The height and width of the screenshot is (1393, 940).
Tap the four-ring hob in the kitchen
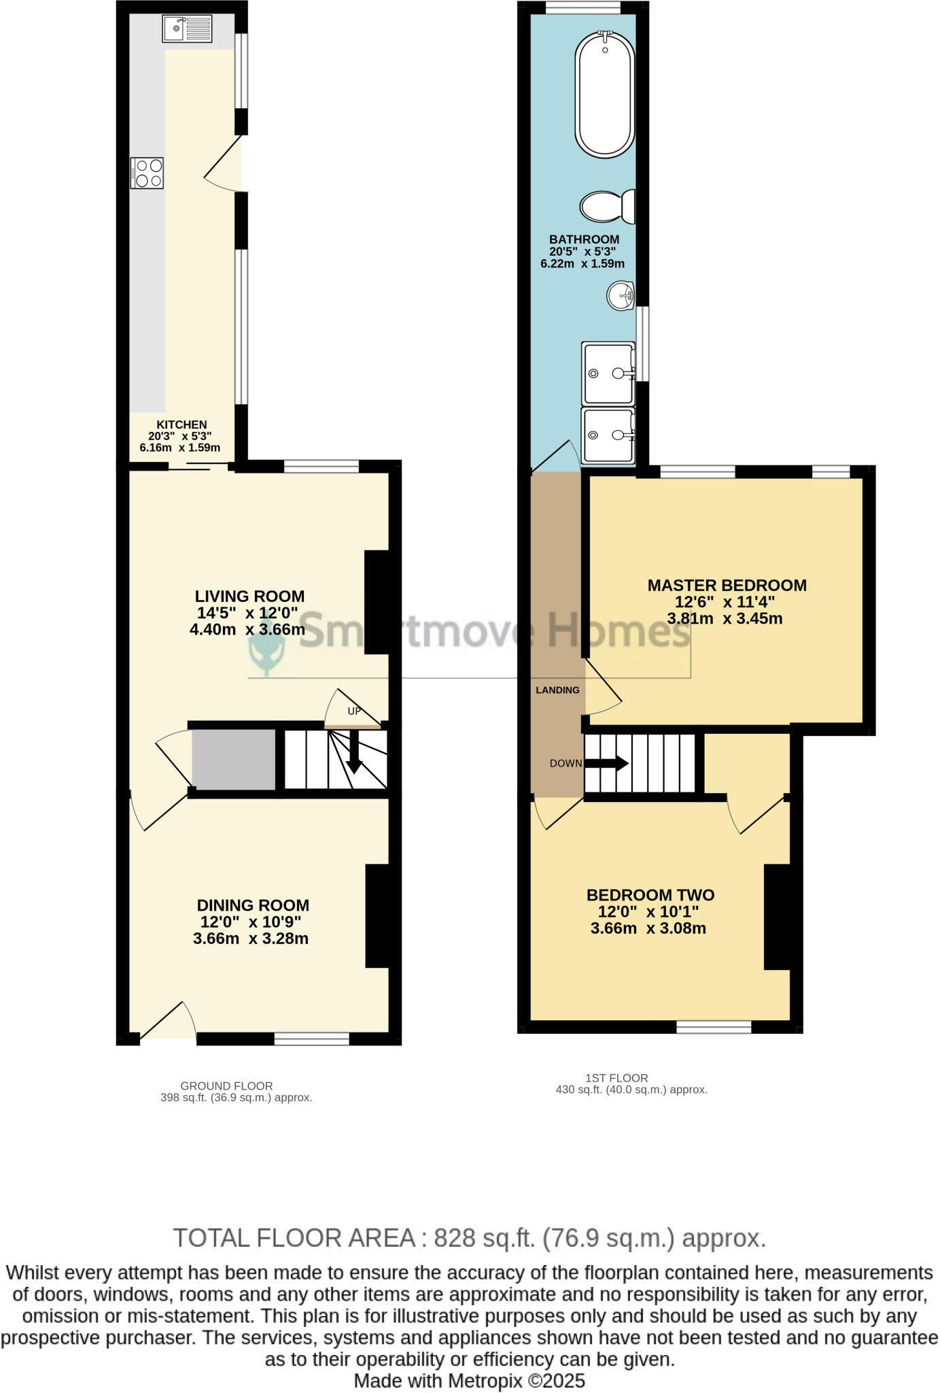coord(147,173)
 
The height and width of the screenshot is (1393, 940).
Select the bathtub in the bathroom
coord(604,94)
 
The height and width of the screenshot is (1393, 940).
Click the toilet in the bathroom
coord(606,206)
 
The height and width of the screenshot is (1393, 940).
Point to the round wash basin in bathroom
coord(621,296)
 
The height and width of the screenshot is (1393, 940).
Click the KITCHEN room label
coord(181,424)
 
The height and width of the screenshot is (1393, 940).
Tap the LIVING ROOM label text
coord(249,597)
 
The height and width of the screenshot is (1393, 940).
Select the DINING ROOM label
coord(253,905)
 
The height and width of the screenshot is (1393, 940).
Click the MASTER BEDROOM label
coord(727,586)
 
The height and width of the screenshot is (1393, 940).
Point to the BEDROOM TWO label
coord(650,895)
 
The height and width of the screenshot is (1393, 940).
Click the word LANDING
coord(557,690)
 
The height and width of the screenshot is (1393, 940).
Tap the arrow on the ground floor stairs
coord(353,753)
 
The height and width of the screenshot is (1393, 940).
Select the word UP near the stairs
coord(354,711)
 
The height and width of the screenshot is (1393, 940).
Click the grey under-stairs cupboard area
coord(234,760)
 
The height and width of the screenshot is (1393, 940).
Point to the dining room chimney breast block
coord(377,916)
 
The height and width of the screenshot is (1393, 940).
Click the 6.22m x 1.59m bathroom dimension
coord(582,264)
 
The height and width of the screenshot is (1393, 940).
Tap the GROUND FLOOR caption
coord(226,1086)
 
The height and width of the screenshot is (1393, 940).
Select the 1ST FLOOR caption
coord(616,1078)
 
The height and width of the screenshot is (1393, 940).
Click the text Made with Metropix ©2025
coord(469,1381)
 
